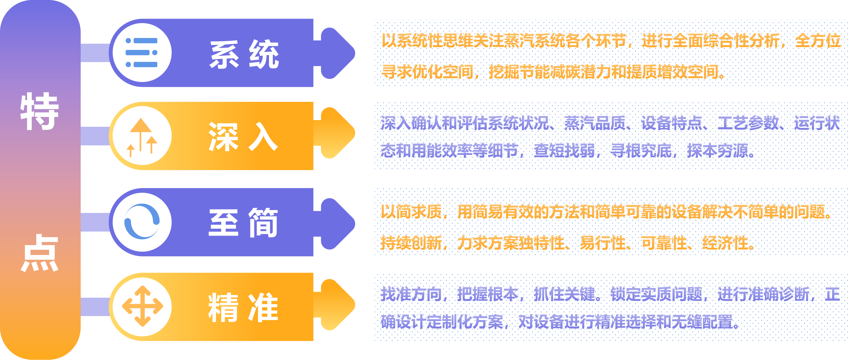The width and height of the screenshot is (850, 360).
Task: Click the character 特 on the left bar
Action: (40, 111)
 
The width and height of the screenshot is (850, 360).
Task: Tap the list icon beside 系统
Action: (142, 53)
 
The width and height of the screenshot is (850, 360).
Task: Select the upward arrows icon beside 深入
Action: (142, 136)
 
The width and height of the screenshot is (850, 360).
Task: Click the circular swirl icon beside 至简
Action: (142, 222)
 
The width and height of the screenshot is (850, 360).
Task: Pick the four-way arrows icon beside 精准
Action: (142, 307)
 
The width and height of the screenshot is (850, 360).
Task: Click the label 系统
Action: (244, 54)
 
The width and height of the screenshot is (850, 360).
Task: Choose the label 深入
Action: (243, 137)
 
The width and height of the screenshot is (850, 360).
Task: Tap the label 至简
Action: (243, 222)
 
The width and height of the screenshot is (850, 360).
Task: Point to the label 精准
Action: (243, 307)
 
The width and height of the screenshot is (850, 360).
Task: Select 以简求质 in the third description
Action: (411, 212)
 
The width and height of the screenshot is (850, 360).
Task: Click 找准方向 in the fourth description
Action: (411, 294)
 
